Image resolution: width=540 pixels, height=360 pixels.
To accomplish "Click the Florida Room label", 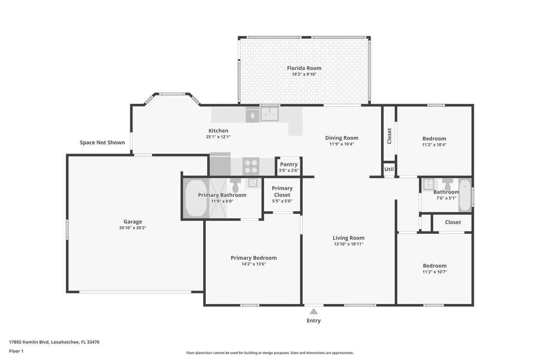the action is [304, 68].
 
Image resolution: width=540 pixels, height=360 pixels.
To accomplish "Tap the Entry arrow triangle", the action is [313, 311].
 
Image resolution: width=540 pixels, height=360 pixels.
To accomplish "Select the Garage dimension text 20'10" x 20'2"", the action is [133, 228].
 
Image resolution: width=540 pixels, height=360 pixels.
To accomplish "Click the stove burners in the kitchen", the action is [251, 166].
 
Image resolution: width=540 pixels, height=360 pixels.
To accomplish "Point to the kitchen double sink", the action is [270, 114].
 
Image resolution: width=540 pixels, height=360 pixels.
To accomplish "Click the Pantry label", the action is [289, 164].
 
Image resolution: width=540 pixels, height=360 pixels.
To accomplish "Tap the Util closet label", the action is [389, 169].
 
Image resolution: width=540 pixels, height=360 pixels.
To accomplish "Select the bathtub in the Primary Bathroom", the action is [196, 198].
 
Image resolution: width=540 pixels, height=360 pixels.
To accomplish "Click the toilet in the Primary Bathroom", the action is [236, 186].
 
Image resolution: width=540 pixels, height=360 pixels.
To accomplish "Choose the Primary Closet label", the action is [282, 191].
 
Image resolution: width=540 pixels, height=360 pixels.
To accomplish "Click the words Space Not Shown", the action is [102, 142].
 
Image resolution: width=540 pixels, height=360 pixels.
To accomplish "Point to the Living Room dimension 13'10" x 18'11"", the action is [348, 244].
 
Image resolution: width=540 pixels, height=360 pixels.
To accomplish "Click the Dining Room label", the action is [342, 138].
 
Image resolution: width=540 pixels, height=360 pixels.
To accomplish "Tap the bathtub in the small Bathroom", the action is [464, 195].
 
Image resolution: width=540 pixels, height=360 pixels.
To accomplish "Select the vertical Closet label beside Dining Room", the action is [389, 136].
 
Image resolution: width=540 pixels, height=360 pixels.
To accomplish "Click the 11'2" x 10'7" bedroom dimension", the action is [435, 272].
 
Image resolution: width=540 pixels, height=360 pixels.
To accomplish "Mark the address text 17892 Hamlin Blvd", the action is [29, 342].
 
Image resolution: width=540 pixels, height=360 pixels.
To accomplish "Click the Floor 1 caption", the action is [16, 351].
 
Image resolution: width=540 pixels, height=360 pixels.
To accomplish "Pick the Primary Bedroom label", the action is [253, 258].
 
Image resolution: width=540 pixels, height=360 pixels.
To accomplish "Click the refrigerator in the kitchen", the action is [220, 164].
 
